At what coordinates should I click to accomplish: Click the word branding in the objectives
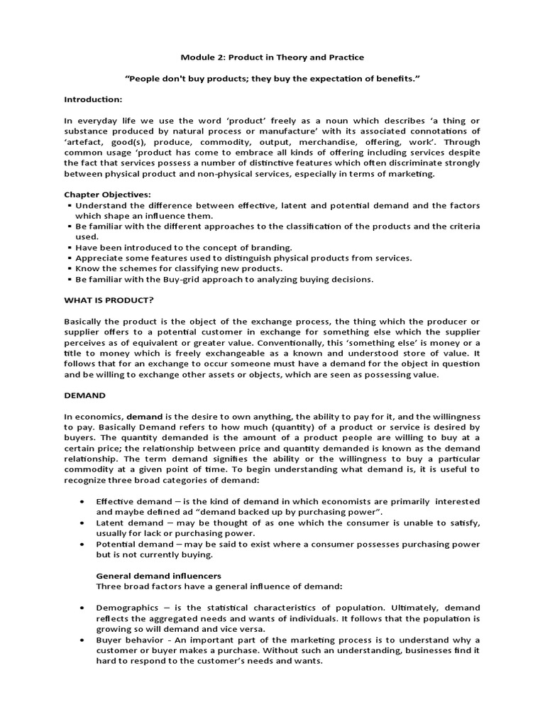pyautogui.click(x=271, y=247)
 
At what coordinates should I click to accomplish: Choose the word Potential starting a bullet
pyautogui.click(x=114, y=545)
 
